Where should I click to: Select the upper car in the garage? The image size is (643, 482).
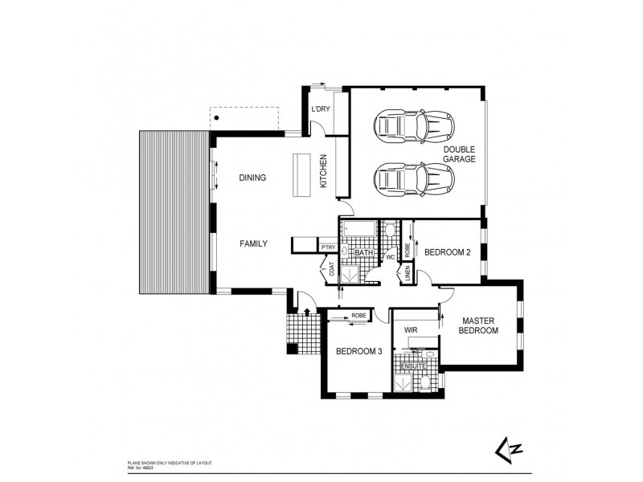click(413, 125)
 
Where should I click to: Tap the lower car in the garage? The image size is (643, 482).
click(413, 177)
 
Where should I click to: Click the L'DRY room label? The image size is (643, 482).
click(321, 111)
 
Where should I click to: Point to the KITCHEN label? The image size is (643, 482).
click(324, 170)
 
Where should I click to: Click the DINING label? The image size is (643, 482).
click(252, 178)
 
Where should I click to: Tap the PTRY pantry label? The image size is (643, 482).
click(328, 248)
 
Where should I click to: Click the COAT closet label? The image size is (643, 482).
click(331, 270)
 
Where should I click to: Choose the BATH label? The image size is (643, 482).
click(363, 253)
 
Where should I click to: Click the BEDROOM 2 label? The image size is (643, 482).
click(447, 252)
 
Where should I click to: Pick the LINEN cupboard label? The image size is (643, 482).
click(408, 274)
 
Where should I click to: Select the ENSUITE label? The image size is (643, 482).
click(414, 366)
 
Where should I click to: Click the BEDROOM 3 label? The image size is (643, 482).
click(358, 350)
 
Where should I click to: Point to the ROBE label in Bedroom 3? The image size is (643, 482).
click(358, 316)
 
